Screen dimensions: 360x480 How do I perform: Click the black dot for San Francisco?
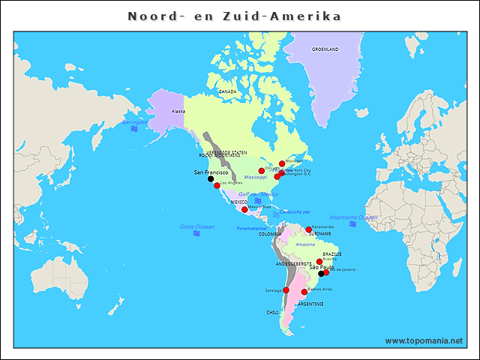pos(211,179)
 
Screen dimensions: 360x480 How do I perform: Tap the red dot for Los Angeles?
pos(217,185)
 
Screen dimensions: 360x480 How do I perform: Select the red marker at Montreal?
pos(282,163)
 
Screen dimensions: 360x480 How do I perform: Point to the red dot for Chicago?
pos(262,171)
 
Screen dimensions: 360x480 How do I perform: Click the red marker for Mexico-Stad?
pos(244,209)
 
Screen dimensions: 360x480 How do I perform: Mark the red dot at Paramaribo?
pos(308,229)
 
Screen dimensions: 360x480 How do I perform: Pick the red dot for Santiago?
pos(286,289)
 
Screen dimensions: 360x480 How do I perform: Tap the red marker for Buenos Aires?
pos(304,292)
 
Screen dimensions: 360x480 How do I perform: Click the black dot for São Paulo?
pos(321,274)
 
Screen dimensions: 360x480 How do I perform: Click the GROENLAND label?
pos(325,49)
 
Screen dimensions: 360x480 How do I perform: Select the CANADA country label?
pos(227,91)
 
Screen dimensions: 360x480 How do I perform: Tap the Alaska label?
pos(178,111)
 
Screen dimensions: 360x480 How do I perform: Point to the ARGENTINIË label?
pos(310,304)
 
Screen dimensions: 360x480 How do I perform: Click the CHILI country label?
pos(272,312)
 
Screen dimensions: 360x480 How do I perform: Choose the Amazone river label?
pos(305,244)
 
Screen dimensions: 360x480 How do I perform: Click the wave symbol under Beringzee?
pos(134,129)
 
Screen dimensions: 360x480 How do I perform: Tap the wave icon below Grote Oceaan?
pos(196,233)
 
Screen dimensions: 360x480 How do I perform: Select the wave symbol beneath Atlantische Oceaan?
pos(352,224)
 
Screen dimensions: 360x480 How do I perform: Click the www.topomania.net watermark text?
pos(424,340)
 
